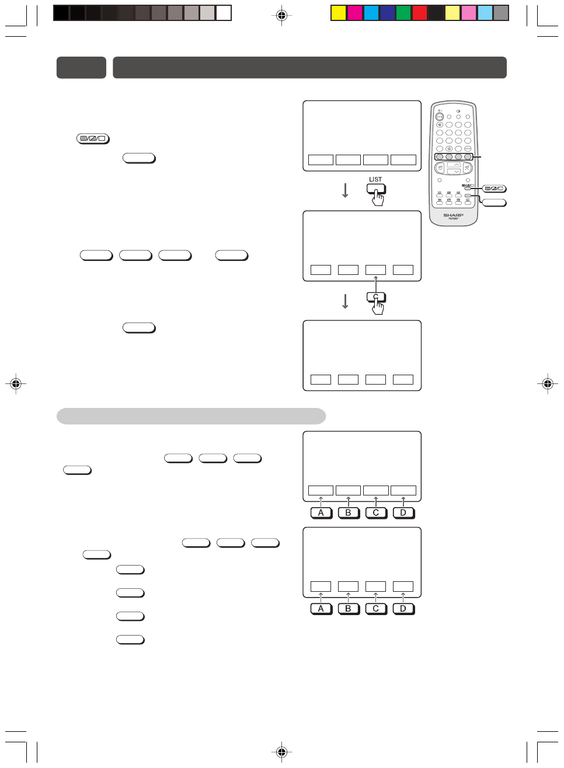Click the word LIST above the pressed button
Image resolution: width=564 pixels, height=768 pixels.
pos(375,180)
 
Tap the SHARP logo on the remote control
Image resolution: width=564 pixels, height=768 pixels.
pos(453,215)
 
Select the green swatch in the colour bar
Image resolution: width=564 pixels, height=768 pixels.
pos(403,13)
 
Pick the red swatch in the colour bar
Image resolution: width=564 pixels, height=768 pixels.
pos(420,13)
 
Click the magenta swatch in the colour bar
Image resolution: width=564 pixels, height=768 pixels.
pos(354,13)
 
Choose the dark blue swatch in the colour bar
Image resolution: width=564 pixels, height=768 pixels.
pos(387,13)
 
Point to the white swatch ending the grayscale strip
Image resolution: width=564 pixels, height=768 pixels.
pos(224,13)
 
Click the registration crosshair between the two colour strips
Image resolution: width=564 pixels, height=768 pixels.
pos(281,15)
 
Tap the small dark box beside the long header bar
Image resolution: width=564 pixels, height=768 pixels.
pos(81,68)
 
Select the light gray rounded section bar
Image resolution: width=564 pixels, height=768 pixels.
pos(191,416)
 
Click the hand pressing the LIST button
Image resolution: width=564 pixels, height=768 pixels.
pos(378,199)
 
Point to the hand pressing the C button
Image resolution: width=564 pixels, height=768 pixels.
pos(378,308)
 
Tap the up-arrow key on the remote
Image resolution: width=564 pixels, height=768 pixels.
pos(454,165)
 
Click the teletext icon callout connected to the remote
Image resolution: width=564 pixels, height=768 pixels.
pos(494,188)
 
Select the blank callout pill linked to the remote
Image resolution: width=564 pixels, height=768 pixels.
pos(494,203)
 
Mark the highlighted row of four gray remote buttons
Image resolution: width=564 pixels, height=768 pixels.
pos(454,156)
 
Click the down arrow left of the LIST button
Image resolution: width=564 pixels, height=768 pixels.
pos(345,190)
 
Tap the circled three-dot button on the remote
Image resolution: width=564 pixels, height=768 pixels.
pos(440,117)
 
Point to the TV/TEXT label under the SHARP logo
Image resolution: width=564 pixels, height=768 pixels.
pos(453,219)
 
